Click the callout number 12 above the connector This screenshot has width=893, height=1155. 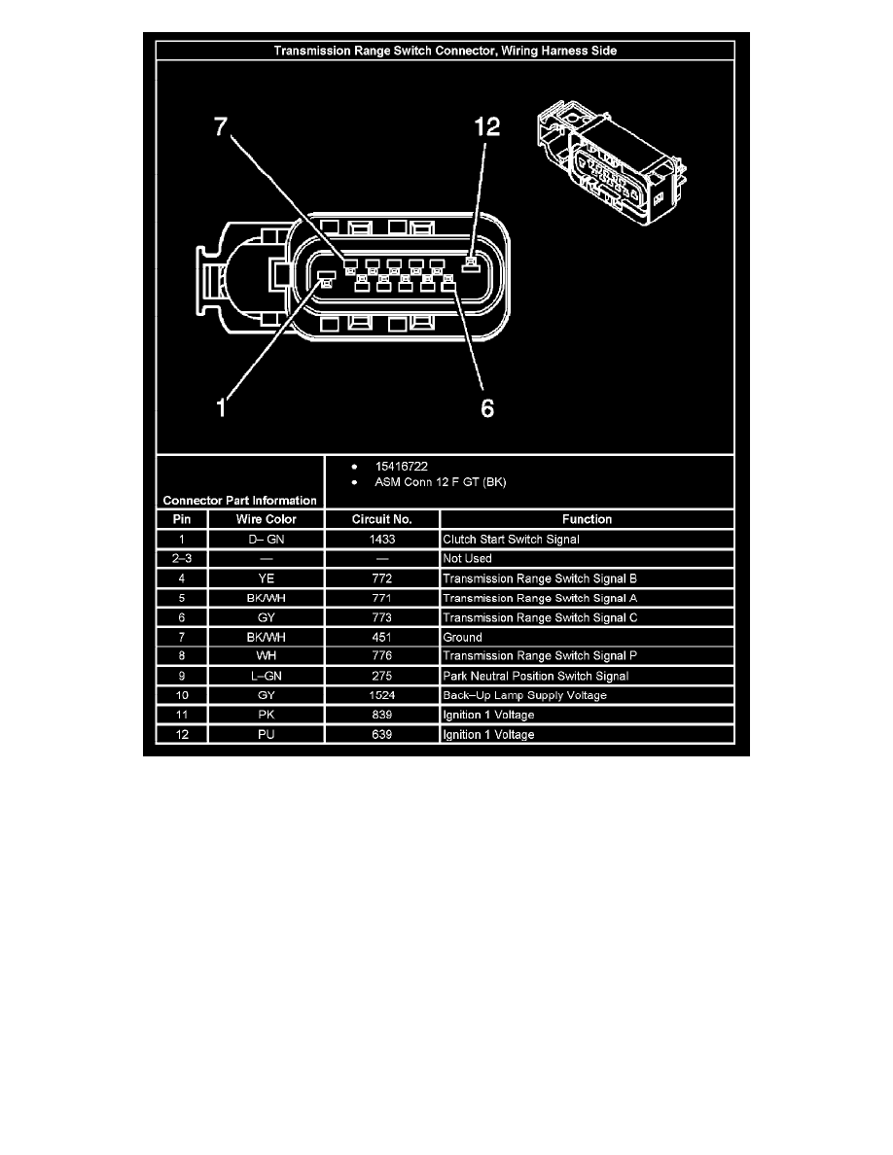[487, 128]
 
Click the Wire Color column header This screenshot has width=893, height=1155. [266, 519]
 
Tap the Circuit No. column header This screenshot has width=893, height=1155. [381, 519]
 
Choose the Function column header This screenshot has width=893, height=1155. [586, 519]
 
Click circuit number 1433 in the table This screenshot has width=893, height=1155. [381, 539]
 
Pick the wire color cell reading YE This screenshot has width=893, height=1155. [266, 578]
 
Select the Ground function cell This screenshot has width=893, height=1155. [463, 637]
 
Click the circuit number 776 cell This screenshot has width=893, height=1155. [381, 656]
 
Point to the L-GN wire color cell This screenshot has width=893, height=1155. [266, 676]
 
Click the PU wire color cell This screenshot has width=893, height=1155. [266, 734]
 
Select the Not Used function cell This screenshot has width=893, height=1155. [468, 558]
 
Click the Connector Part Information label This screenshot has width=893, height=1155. [238, 500]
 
